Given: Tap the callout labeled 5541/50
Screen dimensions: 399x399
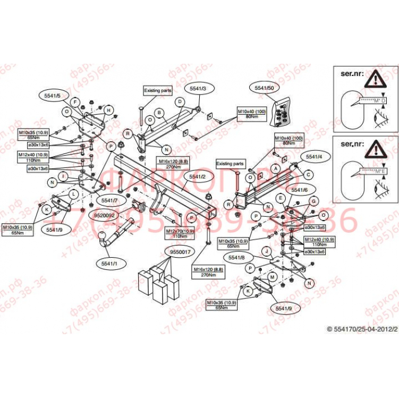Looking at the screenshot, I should (x=264, y=88).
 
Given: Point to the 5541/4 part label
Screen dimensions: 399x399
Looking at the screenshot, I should (x=315, y=157).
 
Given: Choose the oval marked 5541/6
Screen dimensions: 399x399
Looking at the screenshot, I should (x=300, y=190).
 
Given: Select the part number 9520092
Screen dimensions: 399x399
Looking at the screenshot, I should (x=104, y=216).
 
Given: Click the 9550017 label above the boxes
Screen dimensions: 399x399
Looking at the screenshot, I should (x=180, y=251).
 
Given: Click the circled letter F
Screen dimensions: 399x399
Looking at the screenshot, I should (x=75, y=101).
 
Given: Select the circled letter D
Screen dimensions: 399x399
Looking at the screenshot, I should (x=180, y=101).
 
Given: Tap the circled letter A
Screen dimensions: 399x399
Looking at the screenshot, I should (x=276, y=168).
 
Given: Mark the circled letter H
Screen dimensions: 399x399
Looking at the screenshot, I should (x=108, y=111).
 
